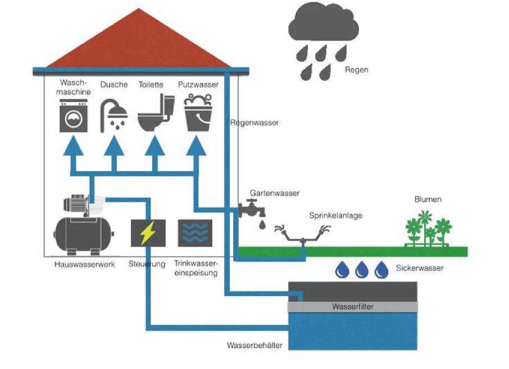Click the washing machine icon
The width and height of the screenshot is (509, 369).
[74, 116]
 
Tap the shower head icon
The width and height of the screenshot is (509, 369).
[113, 115]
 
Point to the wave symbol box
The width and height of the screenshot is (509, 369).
[195, 233]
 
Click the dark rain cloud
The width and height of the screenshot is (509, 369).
[323, 28]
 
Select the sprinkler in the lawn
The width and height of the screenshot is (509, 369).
[303, 236]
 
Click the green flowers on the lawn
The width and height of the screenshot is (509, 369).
[429, 229]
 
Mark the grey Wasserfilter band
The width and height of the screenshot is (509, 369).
[352, 307]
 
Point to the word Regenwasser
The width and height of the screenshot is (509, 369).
[254, 122]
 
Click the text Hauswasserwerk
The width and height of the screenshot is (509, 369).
[85, 264]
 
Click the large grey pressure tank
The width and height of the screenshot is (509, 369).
[83, 231]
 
